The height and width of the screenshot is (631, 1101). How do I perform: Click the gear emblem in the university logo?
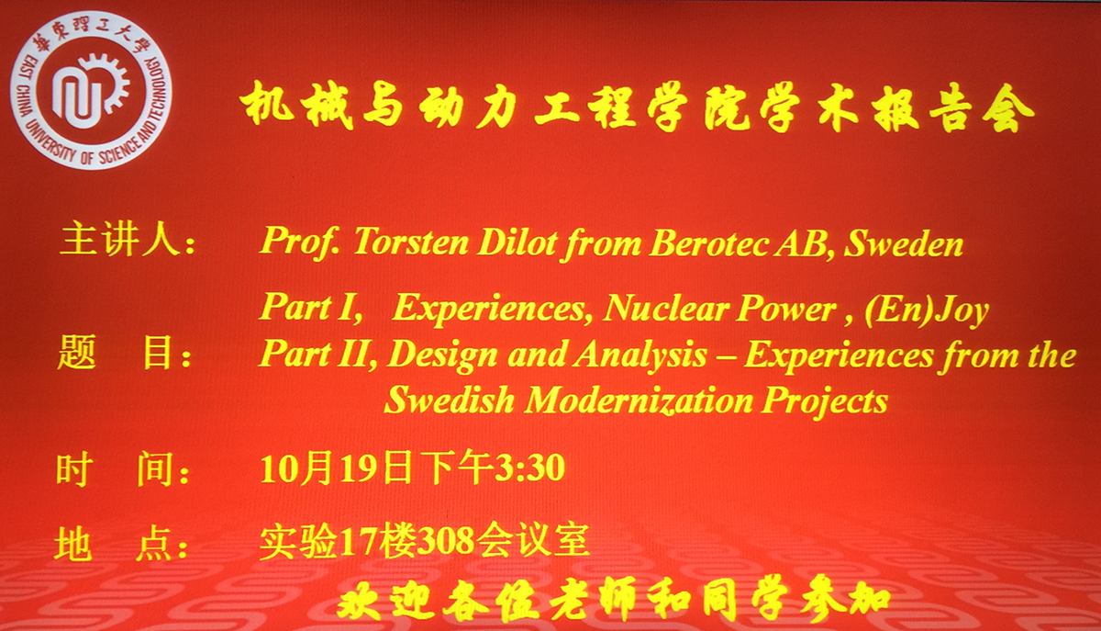(91, 91)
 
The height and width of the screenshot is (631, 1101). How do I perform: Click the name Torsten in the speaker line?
(410, 242)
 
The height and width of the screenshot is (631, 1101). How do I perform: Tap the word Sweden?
(903, 242)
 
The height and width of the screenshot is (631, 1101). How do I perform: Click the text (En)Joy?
(927, 310)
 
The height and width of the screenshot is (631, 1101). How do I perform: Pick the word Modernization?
(639, 400)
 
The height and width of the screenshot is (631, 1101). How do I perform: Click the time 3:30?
(529, 468)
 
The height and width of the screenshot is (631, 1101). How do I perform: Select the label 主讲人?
(119, 239)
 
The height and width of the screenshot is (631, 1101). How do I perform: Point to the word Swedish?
(450, 400)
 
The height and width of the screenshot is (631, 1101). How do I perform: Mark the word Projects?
(825, 401)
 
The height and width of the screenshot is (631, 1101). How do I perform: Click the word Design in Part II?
(442, 355)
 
